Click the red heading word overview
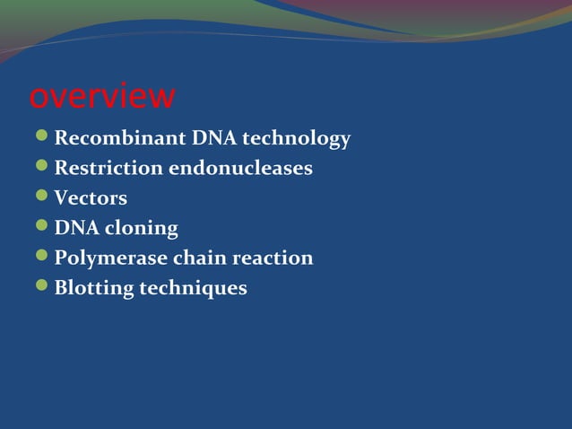102,97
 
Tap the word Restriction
108,168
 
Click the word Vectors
91,198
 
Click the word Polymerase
110,258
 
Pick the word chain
199,258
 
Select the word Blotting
93,288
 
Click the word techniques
193,288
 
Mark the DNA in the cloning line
75,228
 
